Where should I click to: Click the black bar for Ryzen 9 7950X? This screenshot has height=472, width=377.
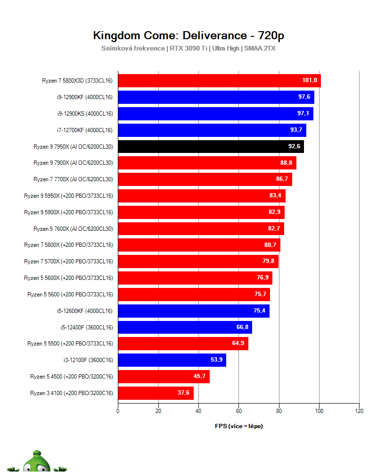click(x=211, y=146)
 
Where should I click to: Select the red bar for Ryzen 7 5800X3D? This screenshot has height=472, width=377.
click(x=219, y=81)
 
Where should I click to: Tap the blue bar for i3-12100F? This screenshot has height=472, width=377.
click(x=172, y=360)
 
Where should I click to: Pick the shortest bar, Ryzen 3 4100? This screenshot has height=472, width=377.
click(x=156, y=393)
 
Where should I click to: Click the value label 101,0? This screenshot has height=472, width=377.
click(x=310, y=81)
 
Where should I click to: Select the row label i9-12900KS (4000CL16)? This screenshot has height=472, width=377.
click(x=85, y=114)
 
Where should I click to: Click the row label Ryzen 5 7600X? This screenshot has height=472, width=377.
click(x=73, y=229)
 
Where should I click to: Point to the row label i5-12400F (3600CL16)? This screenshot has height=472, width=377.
click(x=87, y=328)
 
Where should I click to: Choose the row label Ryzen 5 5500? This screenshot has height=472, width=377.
click(x=70, y=344)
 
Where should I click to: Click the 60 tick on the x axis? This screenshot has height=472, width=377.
click(x=238, y=411)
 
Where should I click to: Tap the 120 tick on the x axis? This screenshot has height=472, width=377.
click(x=359, y=411)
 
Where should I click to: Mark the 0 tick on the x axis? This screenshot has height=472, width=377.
click(x=118, y=411)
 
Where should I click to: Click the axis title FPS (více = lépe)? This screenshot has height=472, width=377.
click(x=238, y=426)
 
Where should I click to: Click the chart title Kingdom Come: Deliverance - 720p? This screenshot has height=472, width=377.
click(x=188, y=35)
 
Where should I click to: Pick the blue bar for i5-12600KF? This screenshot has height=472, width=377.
click(x=194, y=311)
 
